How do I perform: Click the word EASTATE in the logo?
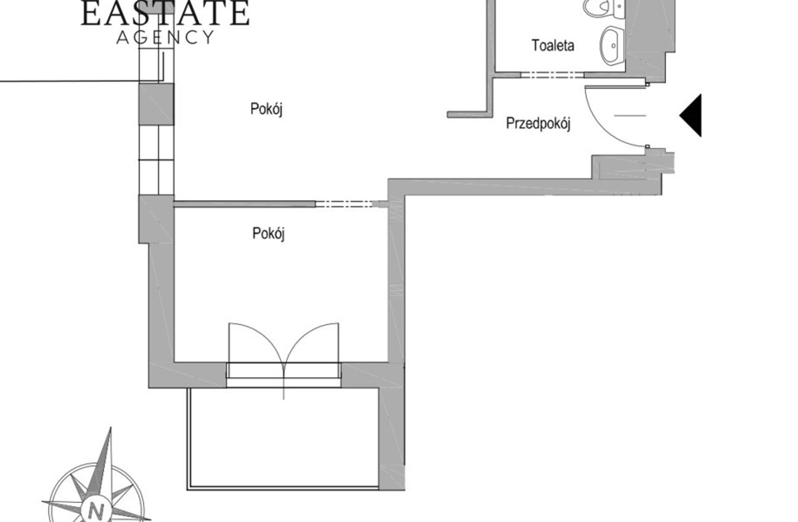tap(165, 13)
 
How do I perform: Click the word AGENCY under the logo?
tap(166, 37)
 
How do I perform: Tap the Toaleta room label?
tap(553, 45)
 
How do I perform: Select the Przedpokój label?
tap(538, 124)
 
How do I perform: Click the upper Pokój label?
tap(266, 109)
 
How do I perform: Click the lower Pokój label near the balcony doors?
tap(269, 234)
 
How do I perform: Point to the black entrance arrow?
tap(691, 115)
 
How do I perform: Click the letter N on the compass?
tap(96, 512)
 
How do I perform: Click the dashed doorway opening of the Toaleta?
tap(552, 75)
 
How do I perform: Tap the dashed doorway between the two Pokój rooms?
tap(344, 204)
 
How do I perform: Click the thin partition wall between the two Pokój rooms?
tap(244, 204)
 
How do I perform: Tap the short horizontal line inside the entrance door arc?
tap(630, 115)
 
